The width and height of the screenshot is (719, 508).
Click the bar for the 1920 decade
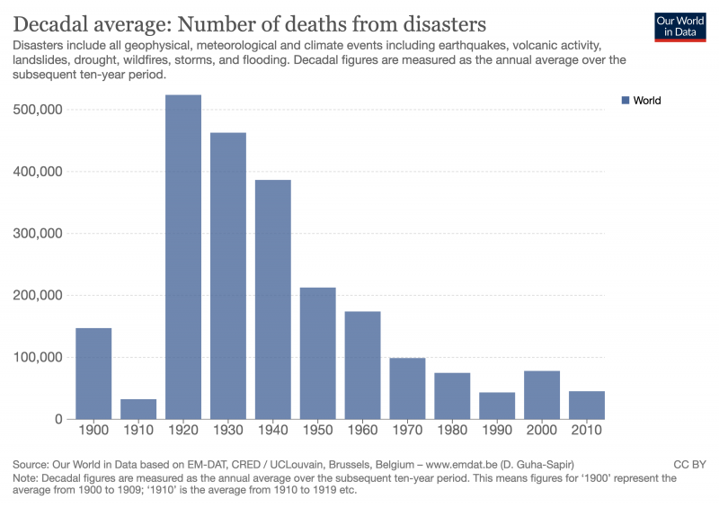[x=183, y=257]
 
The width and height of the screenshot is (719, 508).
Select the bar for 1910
[x=138, y=409]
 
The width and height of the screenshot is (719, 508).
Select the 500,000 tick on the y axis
[x=37, y=110]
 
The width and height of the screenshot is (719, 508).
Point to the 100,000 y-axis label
[x=37, y=357]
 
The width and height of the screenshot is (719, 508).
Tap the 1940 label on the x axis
[x=273, y=432]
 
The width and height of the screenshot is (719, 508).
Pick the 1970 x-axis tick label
[x=407, y=432]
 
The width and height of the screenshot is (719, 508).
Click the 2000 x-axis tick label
[x=542, y=432]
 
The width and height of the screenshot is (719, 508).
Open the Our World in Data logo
[x=679, y=27]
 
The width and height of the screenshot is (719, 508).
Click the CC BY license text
[x=689, y=464]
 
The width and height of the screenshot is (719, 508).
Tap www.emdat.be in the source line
[x=458, y=464]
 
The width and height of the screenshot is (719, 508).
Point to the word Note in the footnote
[x=25, y=478]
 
